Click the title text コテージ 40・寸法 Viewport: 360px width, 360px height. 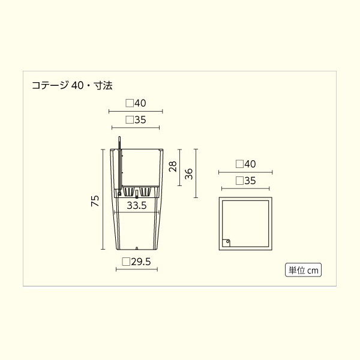(72, 85)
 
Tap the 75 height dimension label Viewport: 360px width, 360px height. (95, 201)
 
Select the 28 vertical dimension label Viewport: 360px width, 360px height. (173, 166)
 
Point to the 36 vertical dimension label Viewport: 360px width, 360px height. (189, 174)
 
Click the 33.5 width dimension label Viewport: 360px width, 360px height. (137, 205)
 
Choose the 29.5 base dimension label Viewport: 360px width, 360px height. (136, 262)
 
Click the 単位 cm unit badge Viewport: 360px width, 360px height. (303, 270)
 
